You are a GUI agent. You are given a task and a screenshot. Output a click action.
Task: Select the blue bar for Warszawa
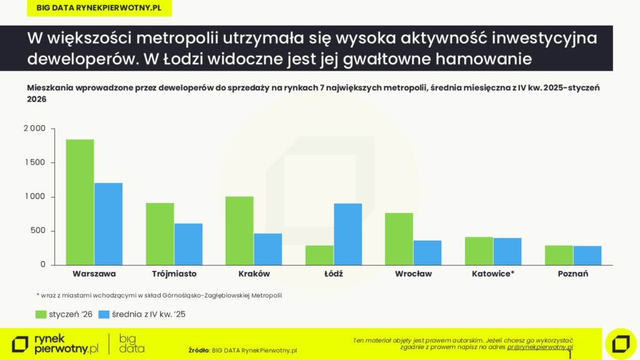point(108,224)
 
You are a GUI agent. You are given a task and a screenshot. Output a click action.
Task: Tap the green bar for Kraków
point(239,231)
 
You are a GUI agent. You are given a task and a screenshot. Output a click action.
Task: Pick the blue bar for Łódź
point(347,234)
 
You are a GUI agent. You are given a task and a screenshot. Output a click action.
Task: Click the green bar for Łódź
point(319,255)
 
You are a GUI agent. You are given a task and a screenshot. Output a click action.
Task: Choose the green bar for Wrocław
point(399,239)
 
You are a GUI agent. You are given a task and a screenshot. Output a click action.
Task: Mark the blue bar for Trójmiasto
point(188,244)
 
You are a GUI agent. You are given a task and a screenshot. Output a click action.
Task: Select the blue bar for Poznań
point(587,255)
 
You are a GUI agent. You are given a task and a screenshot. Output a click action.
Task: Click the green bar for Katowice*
point(479,251)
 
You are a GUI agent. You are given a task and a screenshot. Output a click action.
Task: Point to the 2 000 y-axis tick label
point(34,129)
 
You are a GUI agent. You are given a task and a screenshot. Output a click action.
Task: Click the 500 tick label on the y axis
point(39,231)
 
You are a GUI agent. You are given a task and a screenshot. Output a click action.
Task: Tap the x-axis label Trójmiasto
point(174,274)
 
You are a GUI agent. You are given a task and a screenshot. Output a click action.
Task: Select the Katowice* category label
point(493,274)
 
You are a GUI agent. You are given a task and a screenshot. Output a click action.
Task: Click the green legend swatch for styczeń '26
point(41,314)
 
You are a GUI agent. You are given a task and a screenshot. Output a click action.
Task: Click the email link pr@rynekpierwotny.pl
point(540,346)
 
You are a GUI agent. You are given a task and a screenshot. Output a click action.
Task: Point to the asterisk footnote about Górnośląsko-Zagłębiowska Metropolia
point(163,295)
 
